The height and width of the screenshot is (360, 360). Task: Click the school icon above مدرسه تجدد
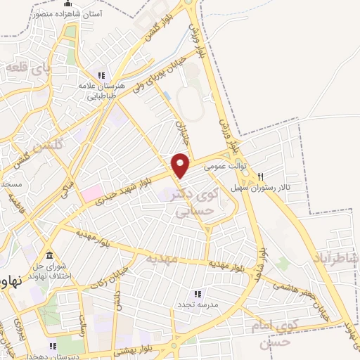pyautogui.click(x=198, y=294)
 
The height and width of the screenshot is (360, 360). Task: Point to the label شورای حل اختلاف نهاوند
pyautogui.click(x=51, y=269)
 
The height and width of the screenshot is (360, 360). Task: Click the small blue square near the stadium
pyautogui.click(x=167, y=94)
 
